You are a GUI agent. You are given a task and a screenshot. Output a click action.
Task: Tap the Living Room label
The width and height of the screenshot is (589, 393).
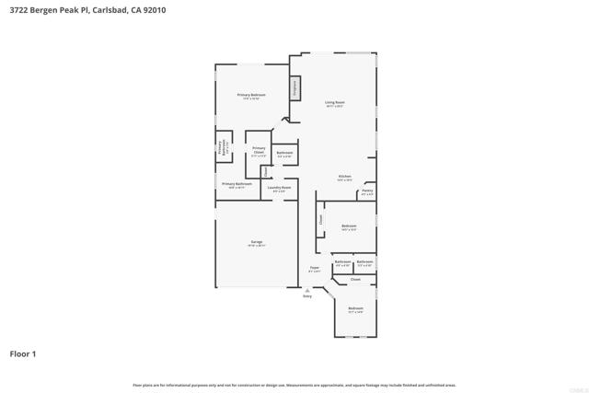pos(334,102)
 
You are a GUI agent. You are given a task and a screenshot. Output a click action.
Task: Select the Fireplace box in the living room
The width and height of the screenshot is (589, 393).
pos(295,87)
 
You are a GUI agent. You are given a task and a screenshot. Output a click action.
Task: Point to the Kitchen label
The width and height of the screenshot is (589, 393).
pos(344,176)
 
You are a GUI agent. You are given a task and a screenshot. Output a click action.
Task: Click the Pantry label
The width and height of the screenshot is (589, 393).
pos(367,191)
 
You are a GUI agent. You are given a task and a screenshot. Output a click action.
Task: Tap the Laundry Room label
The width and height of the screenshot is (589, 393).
pos(279,188)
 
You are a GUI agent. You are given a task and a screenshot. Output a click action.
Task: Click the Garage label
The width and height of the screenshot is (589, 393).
pos(257,242)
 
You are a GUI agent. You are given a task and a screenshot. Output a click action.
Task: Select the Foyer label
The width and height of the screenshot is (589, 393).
pos(314,268)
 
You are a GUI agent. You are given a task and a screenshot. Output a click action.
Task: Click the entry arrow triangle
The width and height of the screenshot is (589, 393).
pos(307,289)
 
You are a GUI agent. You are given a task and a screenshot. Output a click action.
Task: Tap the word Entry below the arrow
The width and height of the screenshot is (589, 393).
pos(307,296)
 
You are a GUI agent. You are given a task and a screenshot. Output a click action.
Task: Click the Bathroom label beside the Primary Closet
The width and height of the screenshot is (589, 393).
pos(285,153)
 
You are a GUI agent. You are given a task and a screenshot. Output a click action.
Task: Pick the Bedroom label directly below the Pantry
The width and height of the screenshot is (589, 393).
pos(349,225)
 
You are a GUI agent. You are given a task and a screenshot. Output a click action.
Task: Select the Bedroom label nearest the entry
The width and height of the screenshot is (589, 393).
pos(355,308)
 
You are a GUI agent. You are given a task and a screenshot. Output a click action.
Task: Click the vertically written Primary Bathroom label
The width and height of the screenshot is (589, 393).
pos(221,148)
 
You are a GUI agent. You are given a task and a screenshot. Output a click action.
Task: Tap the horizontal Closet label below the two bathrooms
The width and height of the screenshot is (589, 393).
pos(355,279)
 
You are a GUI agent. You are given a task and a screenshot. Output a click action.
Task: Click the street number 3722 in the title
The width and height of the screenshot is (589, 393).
pos(19,8)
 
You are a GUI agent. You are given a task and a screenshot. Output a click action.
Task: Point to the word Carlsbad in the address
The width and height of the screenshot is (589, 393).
pos(110,8)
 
